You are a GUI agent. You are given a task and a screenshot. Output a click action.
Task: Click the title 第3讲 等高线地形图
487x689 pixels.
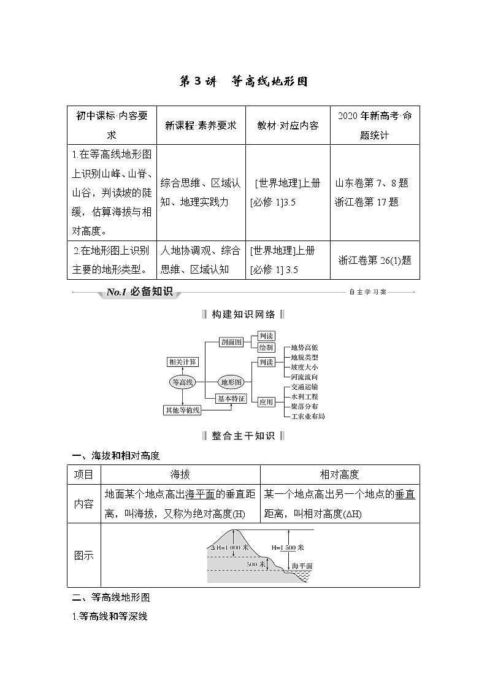coord(243,82)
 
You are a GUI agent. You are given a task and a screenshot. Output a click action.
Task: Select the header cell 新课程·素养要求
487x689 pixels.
coord(201,126)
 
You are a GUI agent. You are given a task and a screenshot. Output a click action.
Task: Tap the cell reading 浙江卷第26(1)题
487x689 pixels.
coord(375,260)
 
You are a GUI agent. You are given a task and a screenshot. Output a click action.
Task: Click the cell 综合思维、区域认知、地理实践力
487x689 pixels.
coord(201,191)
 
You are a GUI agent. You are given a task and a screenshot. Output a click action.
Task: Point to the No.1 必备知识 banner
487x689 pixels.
coord(139,293)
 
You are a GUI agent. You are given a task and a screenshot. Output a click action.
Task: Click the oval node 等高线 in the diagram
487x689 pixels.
coord(183,382)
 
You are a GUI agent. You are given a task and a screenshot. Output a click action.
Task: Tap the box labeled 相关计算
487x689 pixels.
coord(182,363)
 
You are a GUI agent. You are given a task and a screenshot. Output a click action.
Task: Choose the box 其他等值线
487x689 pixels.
coord(182,410)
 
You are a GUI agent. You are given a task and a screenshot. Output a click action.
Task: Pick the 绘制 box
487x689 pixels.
coord(266,348)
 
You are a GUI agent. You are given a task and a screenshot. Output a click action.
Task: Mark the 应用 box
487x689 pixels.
coord(266,402)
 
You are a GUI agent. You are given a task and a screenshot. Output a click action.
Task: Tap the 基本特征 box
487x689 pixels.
coord(231,398)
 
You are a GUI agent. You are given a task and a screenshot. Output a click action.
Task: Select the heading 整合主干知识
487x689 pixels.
coord(243,436)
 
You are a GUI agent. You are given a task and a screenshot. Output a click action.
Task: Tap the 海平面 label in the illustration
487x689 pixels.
coord(302,565)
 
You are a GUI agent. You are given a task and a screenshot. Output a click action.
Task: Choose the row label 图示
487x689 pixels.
coord(84,555)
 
